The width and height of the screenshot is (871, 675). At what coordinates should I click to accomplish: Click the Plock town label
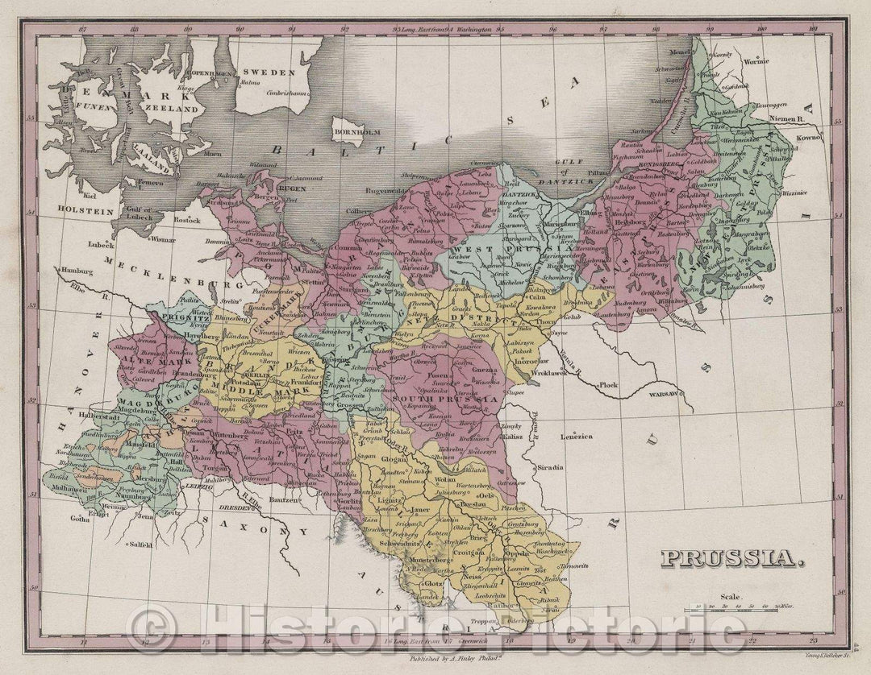[x=608, y=385]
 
